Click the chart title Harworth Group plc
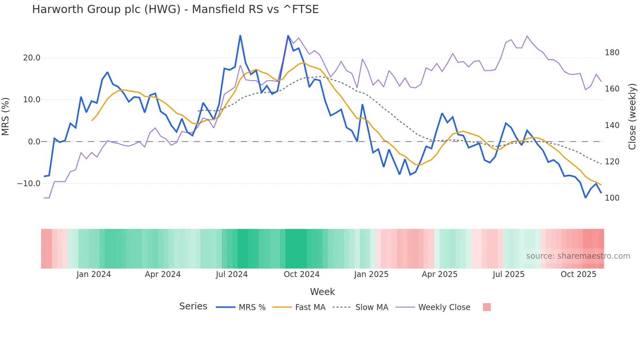(x=175, y=9)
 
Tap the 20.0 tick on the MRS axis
(x=32, y=58)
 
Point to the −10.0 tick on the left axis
(x=29, y=184)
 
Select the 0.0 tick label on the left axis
(x=34, y=142)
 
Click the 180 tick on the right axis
(x=612, y=53)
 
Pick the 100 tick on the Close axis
(x=612, y=198)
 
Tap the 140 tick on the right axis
(x=612, y=125)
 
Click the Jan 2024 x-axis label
(x=94, y=274)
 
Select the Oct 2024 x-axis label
(x=301, y=274)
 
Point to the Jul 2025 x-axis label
(x=508, y=274)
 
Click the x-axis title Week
(x=322, y=292)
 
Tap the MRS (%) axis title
(x=6, y=117)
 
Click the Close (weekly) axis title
(x=632, y=117)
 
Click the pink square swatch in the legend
(x=487, y=307)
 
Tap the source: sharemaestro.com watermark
(x=578, y=256)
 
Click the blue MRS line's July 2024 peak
(x=240, y=36)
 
